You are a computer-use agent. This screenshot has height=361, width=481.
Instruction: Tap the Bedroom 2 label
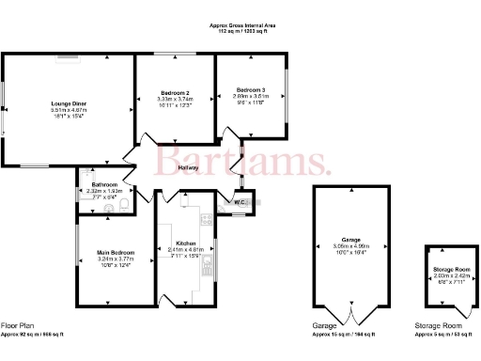[x=176, y=92]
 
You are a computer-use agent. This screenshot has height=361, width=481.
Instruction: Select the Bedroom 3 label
[x=251, y=89]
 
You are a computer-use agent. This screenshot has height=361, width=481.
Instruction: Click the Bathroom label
[x=104, y=184]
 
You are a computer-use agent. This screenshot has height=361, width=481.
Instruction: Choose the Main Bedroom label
[x=115, y=253]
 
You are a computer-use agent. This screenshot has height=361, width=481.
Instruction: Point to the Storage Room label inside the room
[x=451, y=270]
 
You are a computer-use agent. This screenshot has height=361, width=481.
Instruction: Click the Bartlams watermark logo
[x=242, y=159]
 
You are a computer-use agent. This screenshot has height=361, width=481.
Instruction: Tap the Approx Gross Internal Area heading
[x=243, y=24]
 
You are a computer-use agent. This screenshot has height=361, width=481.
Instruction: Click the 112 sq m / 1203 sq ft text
[x=243, y=30]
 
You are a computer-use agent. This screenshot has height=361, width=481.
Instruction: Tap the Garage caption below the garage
[x=325, y=325]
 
